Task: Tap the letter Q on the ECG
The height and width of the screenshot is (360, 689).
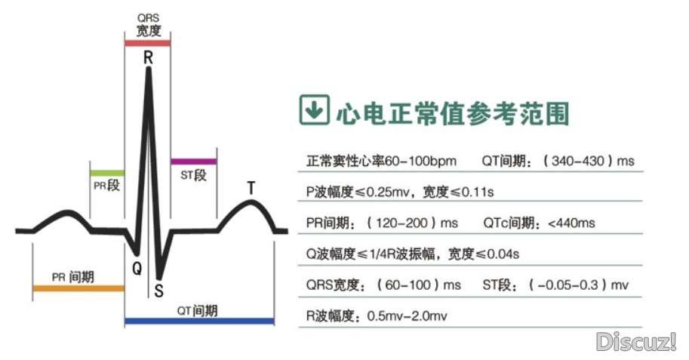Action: click(x=137, y=267)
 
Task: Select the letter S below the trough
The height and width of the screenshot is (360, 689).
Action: click(x=159, y=291)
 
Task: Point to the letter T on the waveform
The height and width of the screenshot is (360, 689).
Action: click(x=251, y=187)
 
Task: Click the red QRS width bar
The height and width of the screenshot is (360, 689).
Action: click(x=148, y=43)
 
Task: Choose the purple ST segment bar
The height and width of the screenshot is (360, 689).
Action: click(x=193, y=161)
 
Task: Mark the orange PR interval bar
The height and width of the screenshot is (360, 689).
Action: click(x=78, y=288)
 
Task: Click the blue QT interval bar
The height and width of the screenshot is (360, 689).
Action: click(x=199, y=321)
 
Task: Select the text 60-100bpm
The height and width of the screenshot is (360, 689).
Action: click(x=420, y=162)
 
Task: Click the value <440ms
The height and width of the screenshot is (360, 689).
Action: click(x=571, y=223)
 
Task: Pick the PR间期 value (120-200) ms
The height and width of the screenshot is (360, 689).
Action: click(x=412, y=223)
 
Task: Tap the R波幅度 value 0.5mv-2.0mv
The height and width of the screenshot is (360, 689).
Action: click(x=407, y=315)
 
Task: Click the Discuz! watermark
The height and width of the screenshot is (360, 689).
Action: click(x=636, y=342)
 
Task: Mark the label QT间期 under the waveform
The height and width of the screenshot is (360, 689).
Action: click(x=198, y=310)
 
